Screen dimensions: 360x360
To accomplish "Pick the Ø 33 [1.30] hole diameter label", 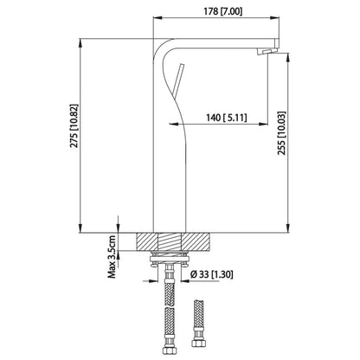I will (213, 275).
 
